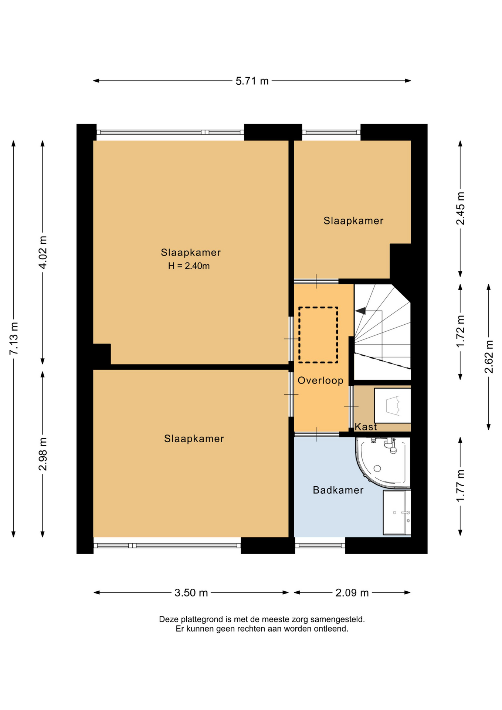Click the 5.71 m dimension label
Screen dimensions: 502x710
(x=252, y=81)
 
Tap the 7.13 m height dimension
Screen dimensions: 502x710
(x=14, y=338)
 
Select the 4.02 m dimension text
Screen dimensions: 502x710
(x=43, y=253)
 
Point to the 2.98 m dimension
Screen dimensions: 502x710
(x=43, y=454)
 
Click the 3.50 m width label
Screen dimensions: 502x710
(x=191, y=593)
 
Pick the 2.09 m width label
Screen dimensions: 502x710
(x=352, y=593)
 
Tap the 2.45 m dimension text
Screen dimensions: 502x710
(x=461, y=208)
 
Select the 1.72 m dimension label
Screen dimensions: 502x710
(x=461, y=332)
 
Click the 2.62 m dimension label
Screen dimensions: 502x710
(x=489, y=357)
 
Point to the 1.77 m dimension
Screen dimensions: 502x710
(x=461, y=486)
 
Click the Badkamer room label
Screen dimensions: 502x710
(x=338, y=490)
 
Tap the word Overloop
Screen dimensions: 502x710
(x=320, y=381)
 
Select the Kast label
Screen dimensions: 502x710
(x=366, y=427)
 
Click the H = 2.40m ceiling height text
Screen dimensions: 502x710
(x=189, y=266)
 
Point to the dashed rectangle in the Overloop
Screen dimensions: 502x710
(x=318, y=307)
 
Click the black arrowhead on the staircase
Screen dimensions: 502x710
(x=361, y=311)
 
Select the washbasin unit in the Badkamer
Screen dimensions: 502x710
(x=397, y=513)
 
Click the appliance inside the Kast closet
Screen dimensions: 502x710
(x=393, y=405)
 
